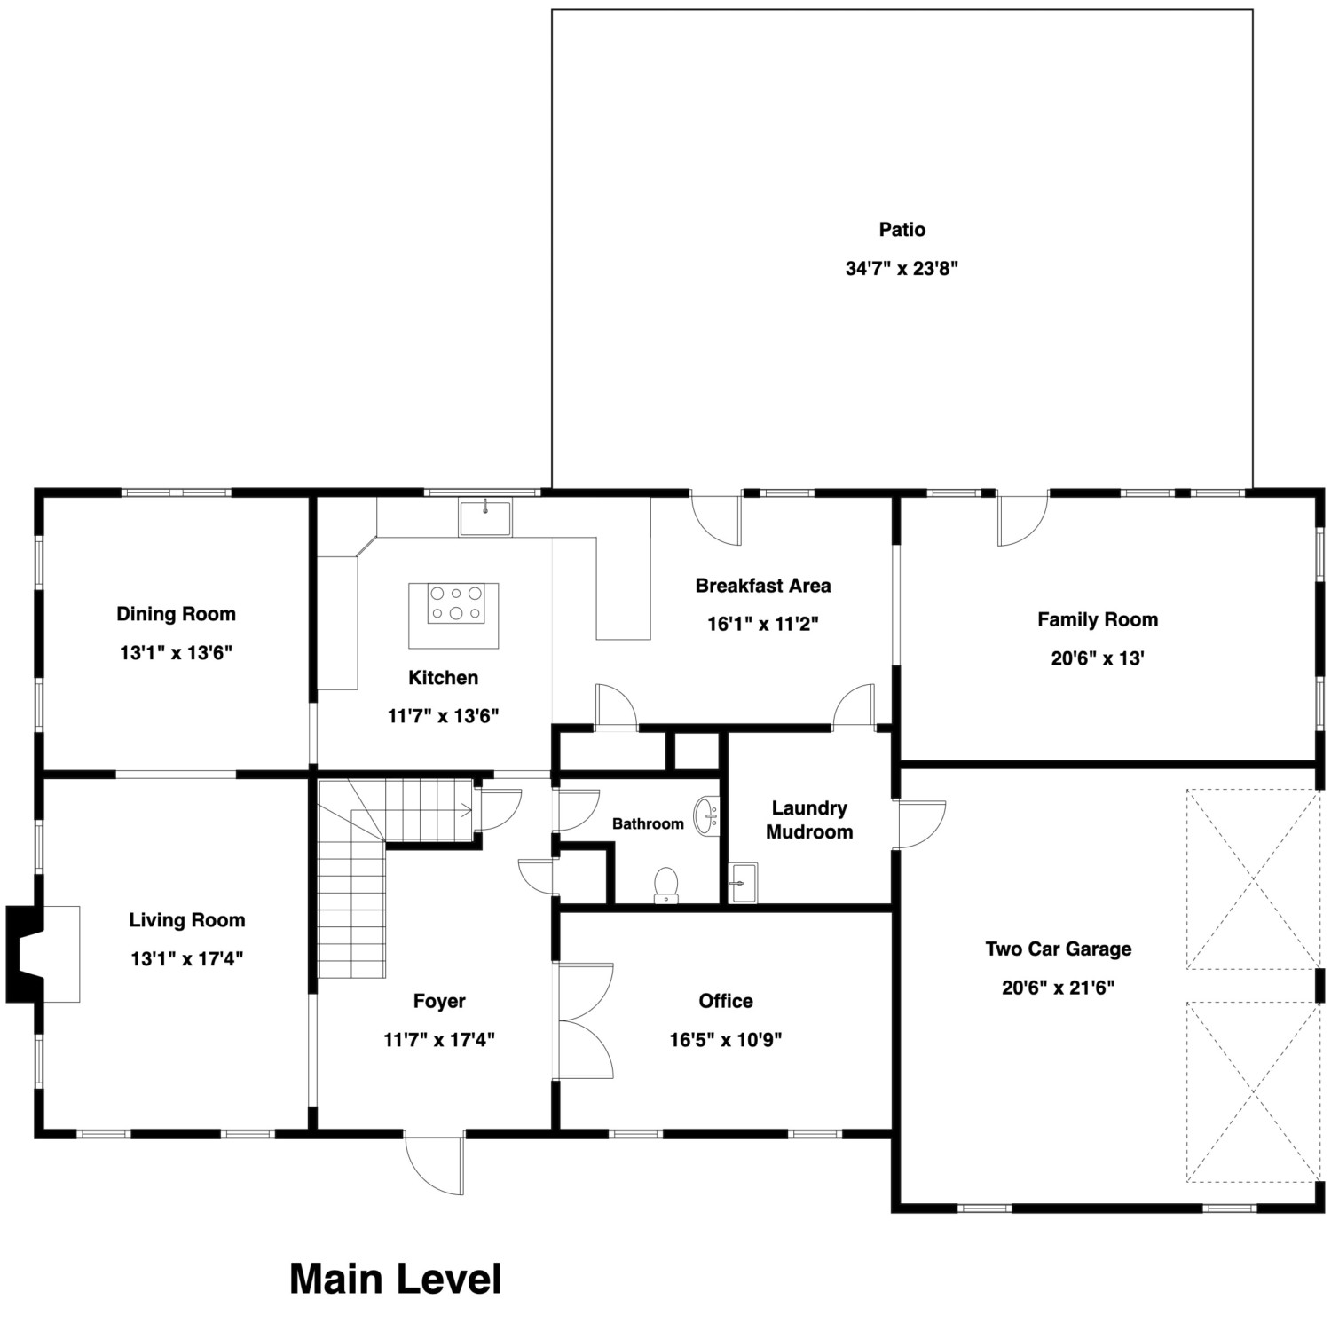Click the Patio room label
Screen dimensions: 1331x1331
902,230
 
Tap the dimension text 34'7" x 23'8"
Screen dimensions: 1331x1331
902,268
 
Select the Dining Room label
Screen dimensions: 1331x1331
176,614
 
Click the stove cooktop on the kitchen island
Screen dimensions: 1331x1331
454,603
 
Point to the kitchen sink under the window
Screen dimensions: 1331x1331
484,518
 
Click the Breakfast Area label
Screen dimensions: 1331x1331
762,586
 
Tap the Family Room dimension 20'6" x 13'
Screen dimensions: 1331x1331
1097,658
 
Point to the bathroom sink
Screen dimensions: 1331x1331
706,815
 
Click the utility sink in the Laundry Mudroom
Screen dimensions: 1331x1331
743,883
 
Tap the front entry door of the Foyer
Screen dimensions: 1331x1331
435,1162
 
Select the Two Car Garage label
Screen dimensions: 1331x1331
1058,949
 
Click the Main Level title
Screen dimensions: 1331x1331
395,1279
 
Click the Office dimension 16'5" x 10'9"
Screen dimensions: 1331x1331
725,1039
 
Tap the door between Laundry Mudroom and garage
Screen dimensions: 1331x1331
919,824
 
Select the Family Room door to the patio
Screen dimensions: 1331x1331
1021,519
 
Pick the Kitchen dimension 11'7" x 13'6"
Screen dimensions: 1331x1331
443,715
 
